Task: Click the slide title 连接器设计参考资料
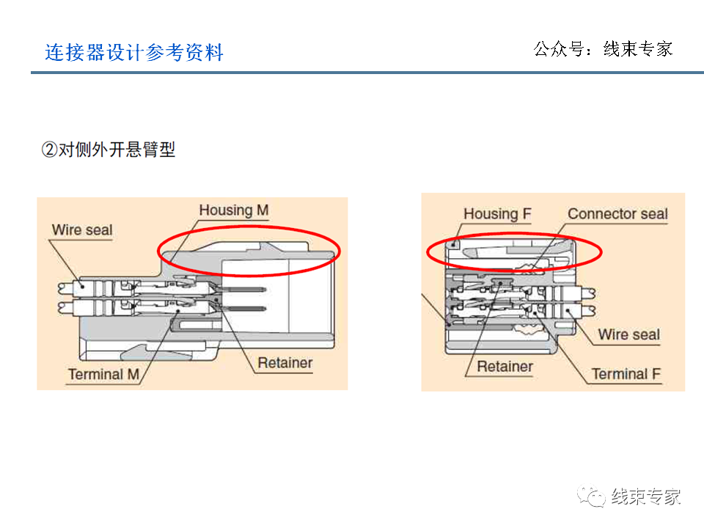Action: (134, 53)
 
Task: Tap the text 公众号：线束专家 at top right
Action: (603, 49)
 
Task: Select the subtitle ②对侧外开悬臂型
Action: (108, 150)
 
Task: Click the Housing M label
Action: (234, 210)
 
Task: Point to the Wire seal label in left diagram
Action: (82, 230)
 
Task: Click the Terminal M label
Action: (103, 375)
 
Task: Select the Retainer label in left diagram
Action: (285, 363)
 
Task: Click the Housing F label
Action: (497, 214)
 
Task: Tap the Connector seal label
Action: (617, 214)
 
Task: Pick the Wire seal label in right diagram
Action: (628, 335)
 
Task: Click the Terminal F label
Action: (626, 374)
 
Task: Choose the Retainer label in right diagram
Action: (505, 367)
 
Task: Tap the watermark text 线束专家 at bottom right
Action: (646, 496)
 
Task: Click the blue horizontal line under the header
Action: (367, 73)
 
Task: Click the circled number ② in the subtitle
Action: (49, 150)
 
